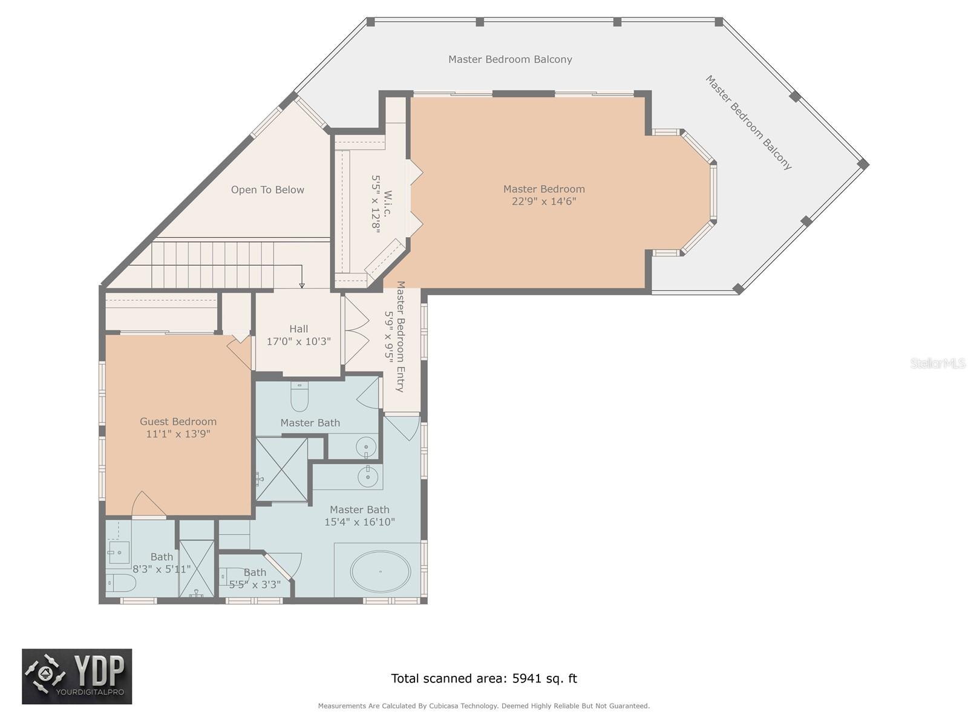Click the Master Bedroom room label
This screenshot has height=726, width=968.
[544, 189]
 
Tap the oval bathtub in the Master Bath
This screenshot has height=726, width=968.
[381, 571]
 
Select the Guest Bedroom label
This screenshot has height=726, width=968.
[178, 422]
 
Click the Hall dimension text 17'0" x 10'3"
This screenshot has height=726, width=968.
[298, 341]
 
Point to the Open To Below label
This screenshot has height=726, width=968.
[267, 190]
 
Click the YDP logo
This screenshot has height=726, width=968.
[77, 676]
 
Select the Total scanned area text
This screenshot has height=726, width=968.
[484, 678]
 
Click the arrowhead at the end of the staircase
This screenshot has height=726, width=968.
[302, 285]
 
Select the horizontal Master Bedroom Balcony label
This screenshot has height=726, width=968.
[510, 59]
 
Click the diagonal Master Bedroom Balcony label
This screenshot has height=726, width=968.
[748, 122]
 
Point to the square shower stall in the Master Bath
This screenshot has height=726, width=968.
[281, 469]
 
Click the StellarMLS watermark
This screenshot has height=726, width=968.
[937, 363]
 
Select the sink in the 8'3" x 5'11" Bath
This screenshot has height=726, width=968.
[119, 552]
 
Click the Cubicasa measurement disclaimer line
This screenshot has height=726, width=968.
[484, 706]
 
